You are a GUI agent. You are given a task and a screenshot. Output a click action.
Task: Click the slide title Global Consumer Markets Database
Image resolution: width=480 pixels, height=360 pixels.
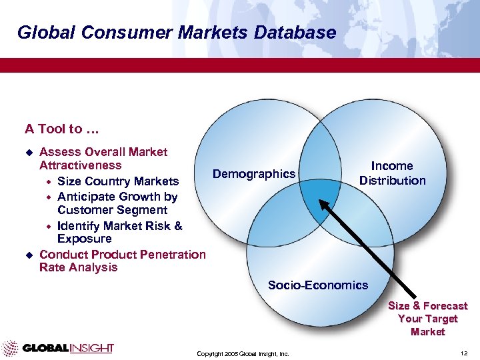point(176,32)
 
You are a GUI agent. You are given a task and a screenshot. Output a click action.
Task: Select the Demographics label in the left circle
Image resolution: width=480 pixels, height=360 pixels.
point(253,174)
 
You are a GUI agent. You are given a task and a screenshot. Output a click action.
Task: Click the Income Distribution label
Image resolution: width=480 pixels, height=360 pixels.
point(392,173)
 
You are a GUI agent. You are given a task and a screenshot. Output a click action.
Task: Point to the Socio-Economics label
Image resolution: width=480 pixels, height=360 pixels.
point(317,285)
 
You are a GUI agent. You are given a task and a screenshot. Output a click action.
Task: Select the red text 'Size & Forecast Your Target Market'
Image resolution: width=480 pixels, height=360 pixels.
point(427,319)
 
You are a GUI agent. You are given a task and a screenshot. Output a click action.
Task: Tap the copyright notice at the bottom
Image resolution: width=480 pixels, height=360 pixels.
point(243,353)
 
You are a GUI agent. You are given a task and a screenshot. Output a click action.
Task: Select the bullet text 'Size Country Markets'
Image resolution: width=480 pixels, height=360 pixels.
point(118,181)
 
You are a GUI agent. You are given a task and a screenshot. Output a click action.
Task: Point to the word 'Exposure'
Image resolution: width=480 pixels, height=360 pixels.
point(85,239)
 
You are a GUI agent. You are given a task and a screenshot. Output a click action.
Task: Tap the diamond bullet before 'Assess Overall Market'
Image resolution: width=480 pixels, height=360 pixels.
point(28,153)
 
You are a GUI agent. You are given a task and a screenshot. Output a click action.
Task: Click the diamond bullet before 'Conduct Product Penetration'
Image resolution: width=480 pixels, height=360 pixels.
point(28,255)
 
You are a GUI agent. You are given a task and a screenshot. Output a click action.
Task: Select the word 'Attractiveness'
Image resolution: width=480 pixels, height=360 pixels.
point(81,165)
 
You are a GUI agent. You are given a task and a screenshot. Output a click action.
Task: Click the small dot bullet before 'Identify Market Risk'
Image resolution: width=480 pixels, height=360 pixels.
point(47,226)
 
